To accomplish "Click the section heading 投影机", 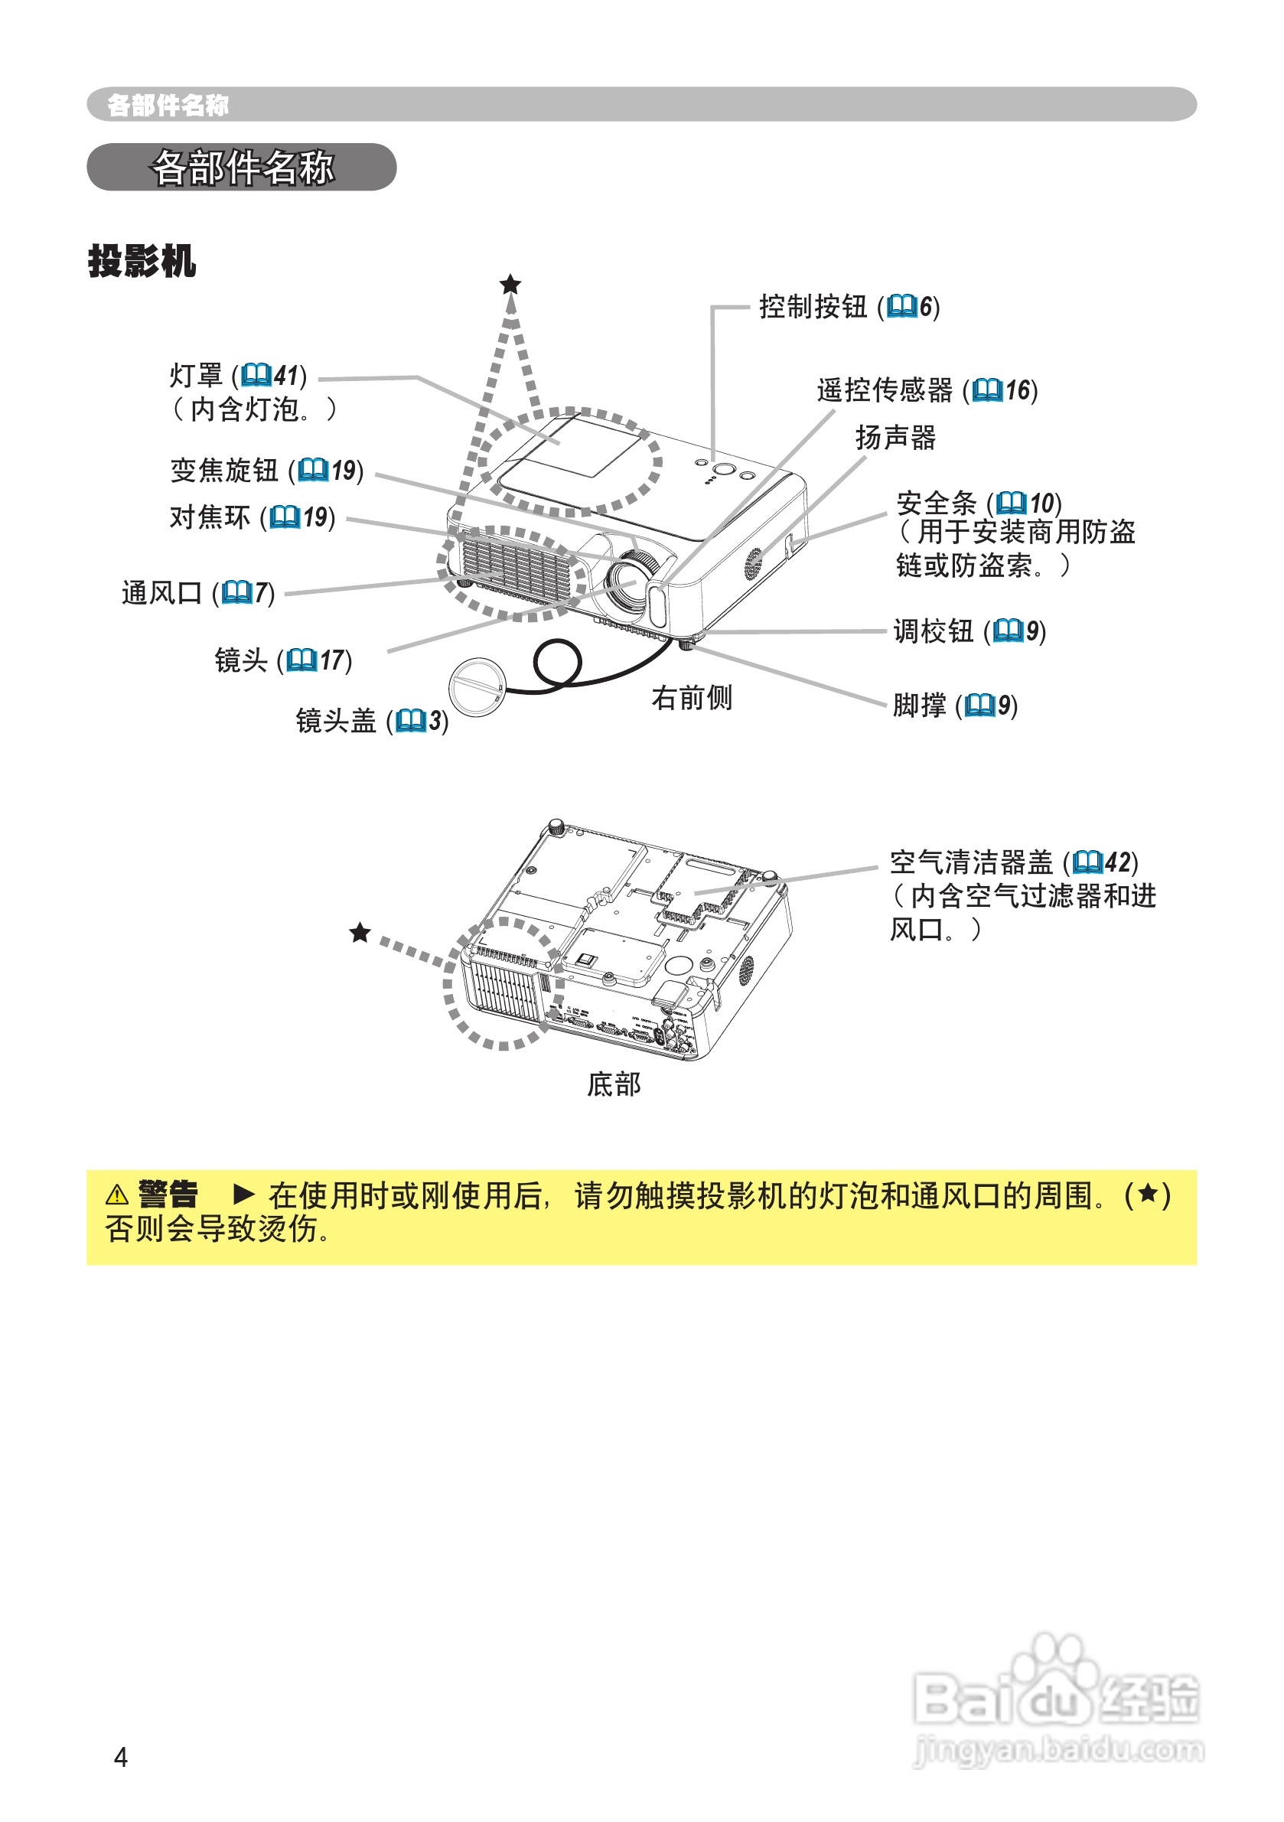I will click(x=142, y=261).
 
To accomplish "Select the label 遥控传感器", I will click(x=885, y=390).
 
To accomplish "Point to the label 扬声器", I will click(x=895, y=437).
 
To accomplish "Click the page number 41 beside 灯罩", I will click(x=285, y=376).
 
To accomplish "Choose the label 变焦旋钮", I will click(x=223, y=471).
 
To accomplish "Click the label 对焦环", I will click(x=210, y=517).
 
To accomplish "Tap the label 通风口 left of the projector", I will click(x=161, y=593).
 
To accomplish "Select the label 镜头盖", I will click(x=336, y=721).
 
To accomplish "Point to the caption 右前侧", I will click(x=691, y=699).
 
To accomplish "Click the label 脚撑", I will click(x=919, y=705).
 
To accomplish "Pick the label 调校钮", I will click(x=933, y=631).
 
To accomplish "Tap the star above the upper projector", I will click(x=510, y=284).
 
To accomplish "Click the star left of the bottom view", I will click(x=360, y=932).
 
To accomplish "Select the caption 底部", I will click(x=614, y=1084).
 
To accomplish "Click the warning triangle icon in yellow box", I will click(x=116, y=1195).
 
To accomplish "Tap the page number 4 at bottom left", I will click(x=121, y=1758).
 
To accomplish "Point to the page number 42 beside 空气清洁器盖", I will click(x=1117, y=862).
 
